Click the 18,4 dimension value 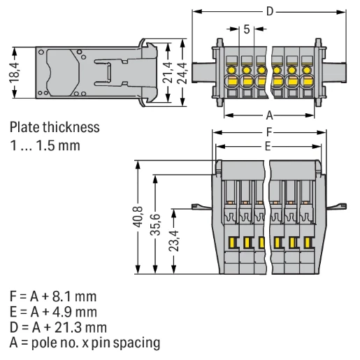tap(14, 73)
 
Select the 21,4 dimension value tap(167, 73)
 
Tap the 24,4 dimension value tap(182, 73)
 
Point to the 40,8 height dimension tap(138, 217)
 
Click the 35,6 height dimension tap(155, 224)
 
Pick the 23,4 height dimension tap(173, 241)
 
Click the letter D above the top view tap(270, 11)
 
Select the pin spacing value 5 tap(247, 29)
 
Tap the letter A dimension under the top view tap(269, 115)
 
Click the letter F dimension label tap(269, 132)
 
